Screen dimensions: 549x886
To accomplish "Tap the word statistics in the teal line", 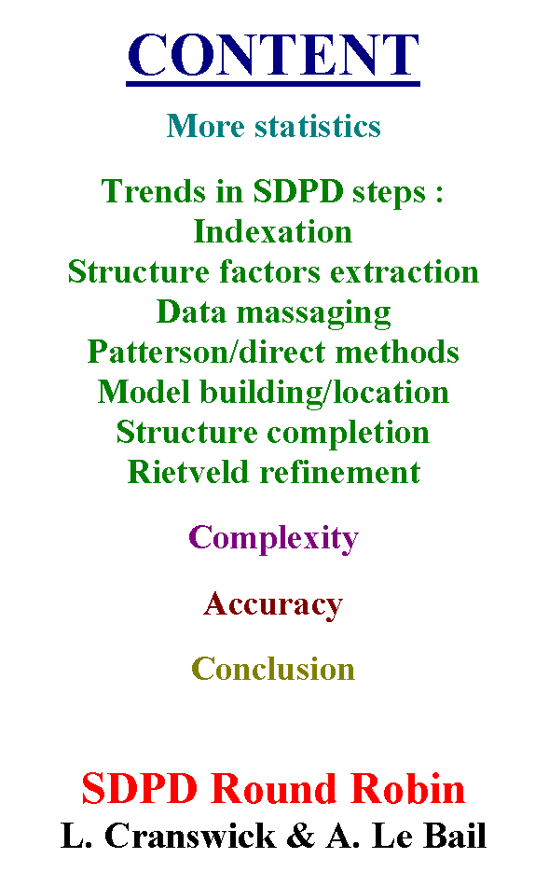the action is [318, 126].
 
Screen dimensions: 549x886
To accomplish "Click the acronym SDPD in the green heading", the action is [298, 191].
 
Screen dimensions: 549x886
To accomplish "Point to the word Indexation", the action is [273, 231].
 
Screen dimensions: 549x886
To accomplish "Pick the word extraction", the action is [405, 271].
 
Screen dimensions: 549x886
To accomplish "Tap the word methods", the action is [397, 352].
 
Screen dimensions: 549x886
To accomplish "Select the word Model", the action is [144, 392].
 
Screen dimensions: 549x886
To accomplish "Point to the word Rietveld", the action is [188, 473].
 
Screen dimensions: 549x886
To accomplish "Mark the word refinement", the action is [340, 473].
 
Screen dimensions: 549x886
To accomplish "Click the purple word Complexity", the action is [273, 538].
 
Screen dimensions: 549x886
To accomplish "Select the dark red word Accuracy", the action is [273, 605].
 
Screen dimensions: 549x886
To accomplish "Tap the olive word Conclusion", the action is [273, 669].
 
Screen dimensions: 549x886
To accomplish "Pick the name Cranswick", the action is [190, 836].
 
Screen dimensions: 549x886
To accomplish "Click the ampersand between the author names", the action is [301, 836].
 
